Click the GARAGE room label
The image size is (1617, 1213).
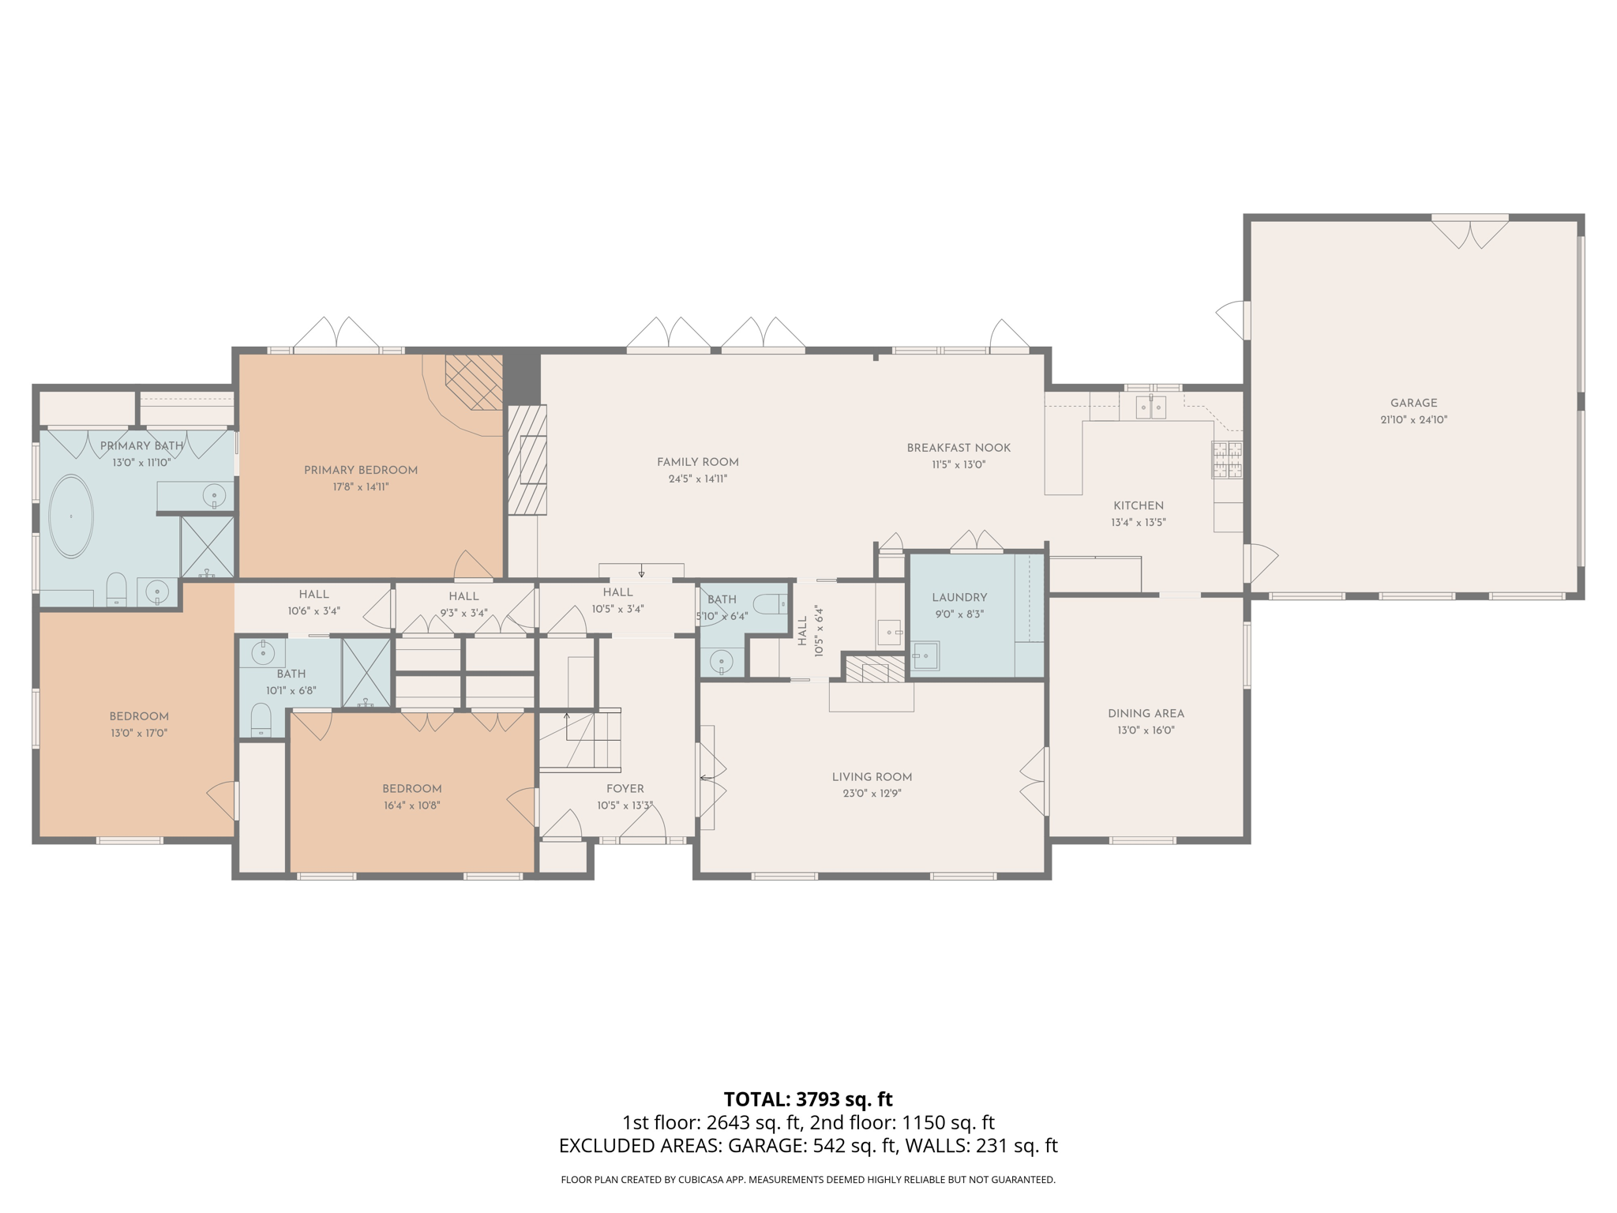tap(1413, 403)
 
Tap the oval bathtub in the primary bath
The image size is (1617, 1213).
tap(71, 517)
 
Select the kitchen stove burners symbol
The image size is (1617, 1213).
tap(1227, 460)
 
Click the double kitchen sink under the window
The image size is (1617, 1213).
tap(1150, 407)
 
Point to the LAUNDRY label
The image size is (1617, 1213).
tap(959, 598)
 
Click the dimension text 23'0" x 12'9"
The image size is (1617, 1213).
tap(872, 794)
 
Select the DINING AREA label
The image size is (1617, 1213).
tap(1146, 713)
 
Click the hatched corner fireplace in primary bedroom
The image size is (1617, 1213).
tap(475, 381)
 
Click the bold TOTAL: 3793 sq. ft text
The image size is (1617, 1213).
tap(808, 1099)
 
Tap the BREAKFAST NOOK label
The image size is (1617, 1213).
tap(959, 448)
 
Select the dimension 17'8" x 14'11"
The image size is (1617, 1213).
tap(361, 487)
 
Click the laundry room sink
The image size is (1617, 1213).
tap(925, 655)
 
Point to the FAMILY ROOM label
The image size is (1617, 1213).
tap(698, 462)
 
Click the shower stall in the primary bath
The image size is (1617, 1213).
tap(208, 546)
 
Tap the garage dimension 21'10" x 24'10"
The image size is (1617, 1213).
tap(1413, 420)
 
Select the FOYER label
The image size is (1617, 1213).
tap(625, 789)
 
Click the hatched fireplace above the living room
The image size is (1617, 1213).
tap(875, 670)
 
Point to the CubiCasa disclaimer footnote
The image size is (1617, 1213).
tap(808, 1180)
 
